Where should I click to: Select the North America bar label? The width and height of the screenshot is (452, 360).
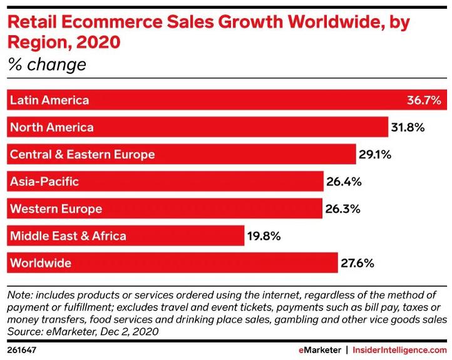tap(52, 127)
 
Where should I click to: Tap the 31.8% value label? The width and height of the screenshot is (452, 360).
tap(409, 127)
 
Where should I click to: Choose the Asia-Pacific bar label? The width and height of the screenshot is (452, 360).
tap(44, 182)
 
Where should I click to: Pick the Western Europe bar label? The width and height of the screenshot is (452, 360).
tap(56, 208)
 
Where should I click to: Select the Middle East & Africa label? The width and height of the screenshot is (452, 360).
tap(68, 236)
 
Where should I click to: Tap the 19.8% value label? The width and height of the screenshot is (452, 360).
tap(264, 236)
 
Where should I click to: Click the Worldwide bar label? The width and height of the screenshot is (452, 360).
tap(41, 263)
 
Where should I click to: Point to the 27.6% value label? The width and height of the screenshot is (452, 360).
tap(357, 263)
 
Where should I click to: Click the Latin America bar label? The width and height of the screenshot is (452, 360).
tap(49, 100)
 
